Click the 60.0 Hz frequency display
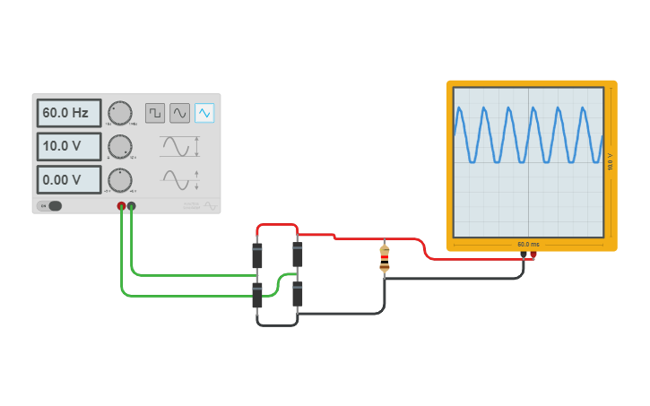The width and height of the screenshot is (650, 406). pyautogui.click(x=68, y=113)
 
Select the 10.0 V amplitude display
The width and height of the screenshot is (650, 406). pyautogui.click(x=68, y=146)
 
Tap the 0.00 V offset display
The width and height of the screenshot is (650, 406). pyautogui.click(x=68, y=179)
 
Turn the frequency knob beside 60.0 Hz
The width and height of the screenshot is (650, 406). pyautogui.click(x=119, y=113)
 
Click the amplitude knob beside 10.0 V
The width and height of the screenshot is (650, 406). pyautogui.click(x=119, y=146)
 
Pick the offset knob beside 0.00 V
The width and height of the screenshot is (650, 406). pyautogui.click(x=119, y=179)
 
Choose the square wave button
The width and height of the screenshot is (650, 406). pyautogui.click(x=155, y=113)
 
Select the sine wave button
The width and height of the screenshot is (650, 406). pyautogui.click(x=180, y=113)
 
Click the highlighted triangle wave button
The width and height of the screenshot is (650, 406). pyautogui.click(x=204, y=113)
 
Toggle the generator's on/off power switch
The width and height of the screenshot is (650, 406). pyautogui.click(x=50, y=206)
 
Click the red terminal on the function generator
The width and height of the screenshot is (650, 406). pyautogui.click(x=122, y=206)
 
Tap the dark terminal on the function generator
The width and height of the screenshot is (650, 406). pyautogui.click(x=132, y=206)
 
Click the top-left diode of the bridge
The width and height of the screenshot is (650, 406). pyautogui.click(x=257, y=255)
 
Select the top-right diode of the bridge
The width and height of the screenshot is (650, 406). pyautogui.click(x=298, y=254)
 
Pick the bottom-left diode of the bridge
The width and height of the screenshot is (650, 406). pyautogui.click(x=257, y=295)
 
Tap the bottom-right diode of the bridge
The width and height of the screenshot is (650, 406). pyautogui.click(x=298, y=293)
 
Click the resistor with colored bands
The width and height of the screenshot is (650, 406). pyautogui.click(x=385, y=259)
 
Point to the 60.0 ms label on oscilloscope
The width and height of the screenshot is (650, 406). pyautogui.click(x=528, y=244)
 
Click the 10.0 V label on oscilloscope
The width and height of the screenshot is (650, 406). pyautogui.click(x=610, y=162)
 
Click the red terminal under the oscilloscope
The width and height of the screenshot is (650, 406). pyautogui.click(x=533, y=255)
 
